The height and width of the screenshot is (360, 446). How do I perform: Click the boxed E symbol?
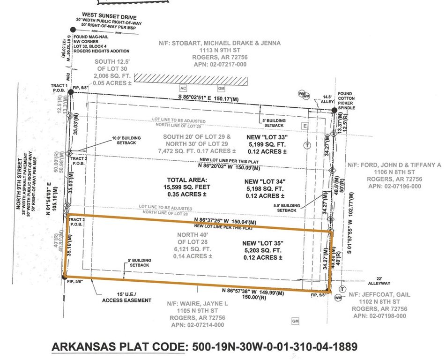[x=305, y=126]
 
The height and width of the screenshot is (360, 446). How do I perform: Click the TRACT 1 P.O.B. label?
[x=60, y=88]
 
